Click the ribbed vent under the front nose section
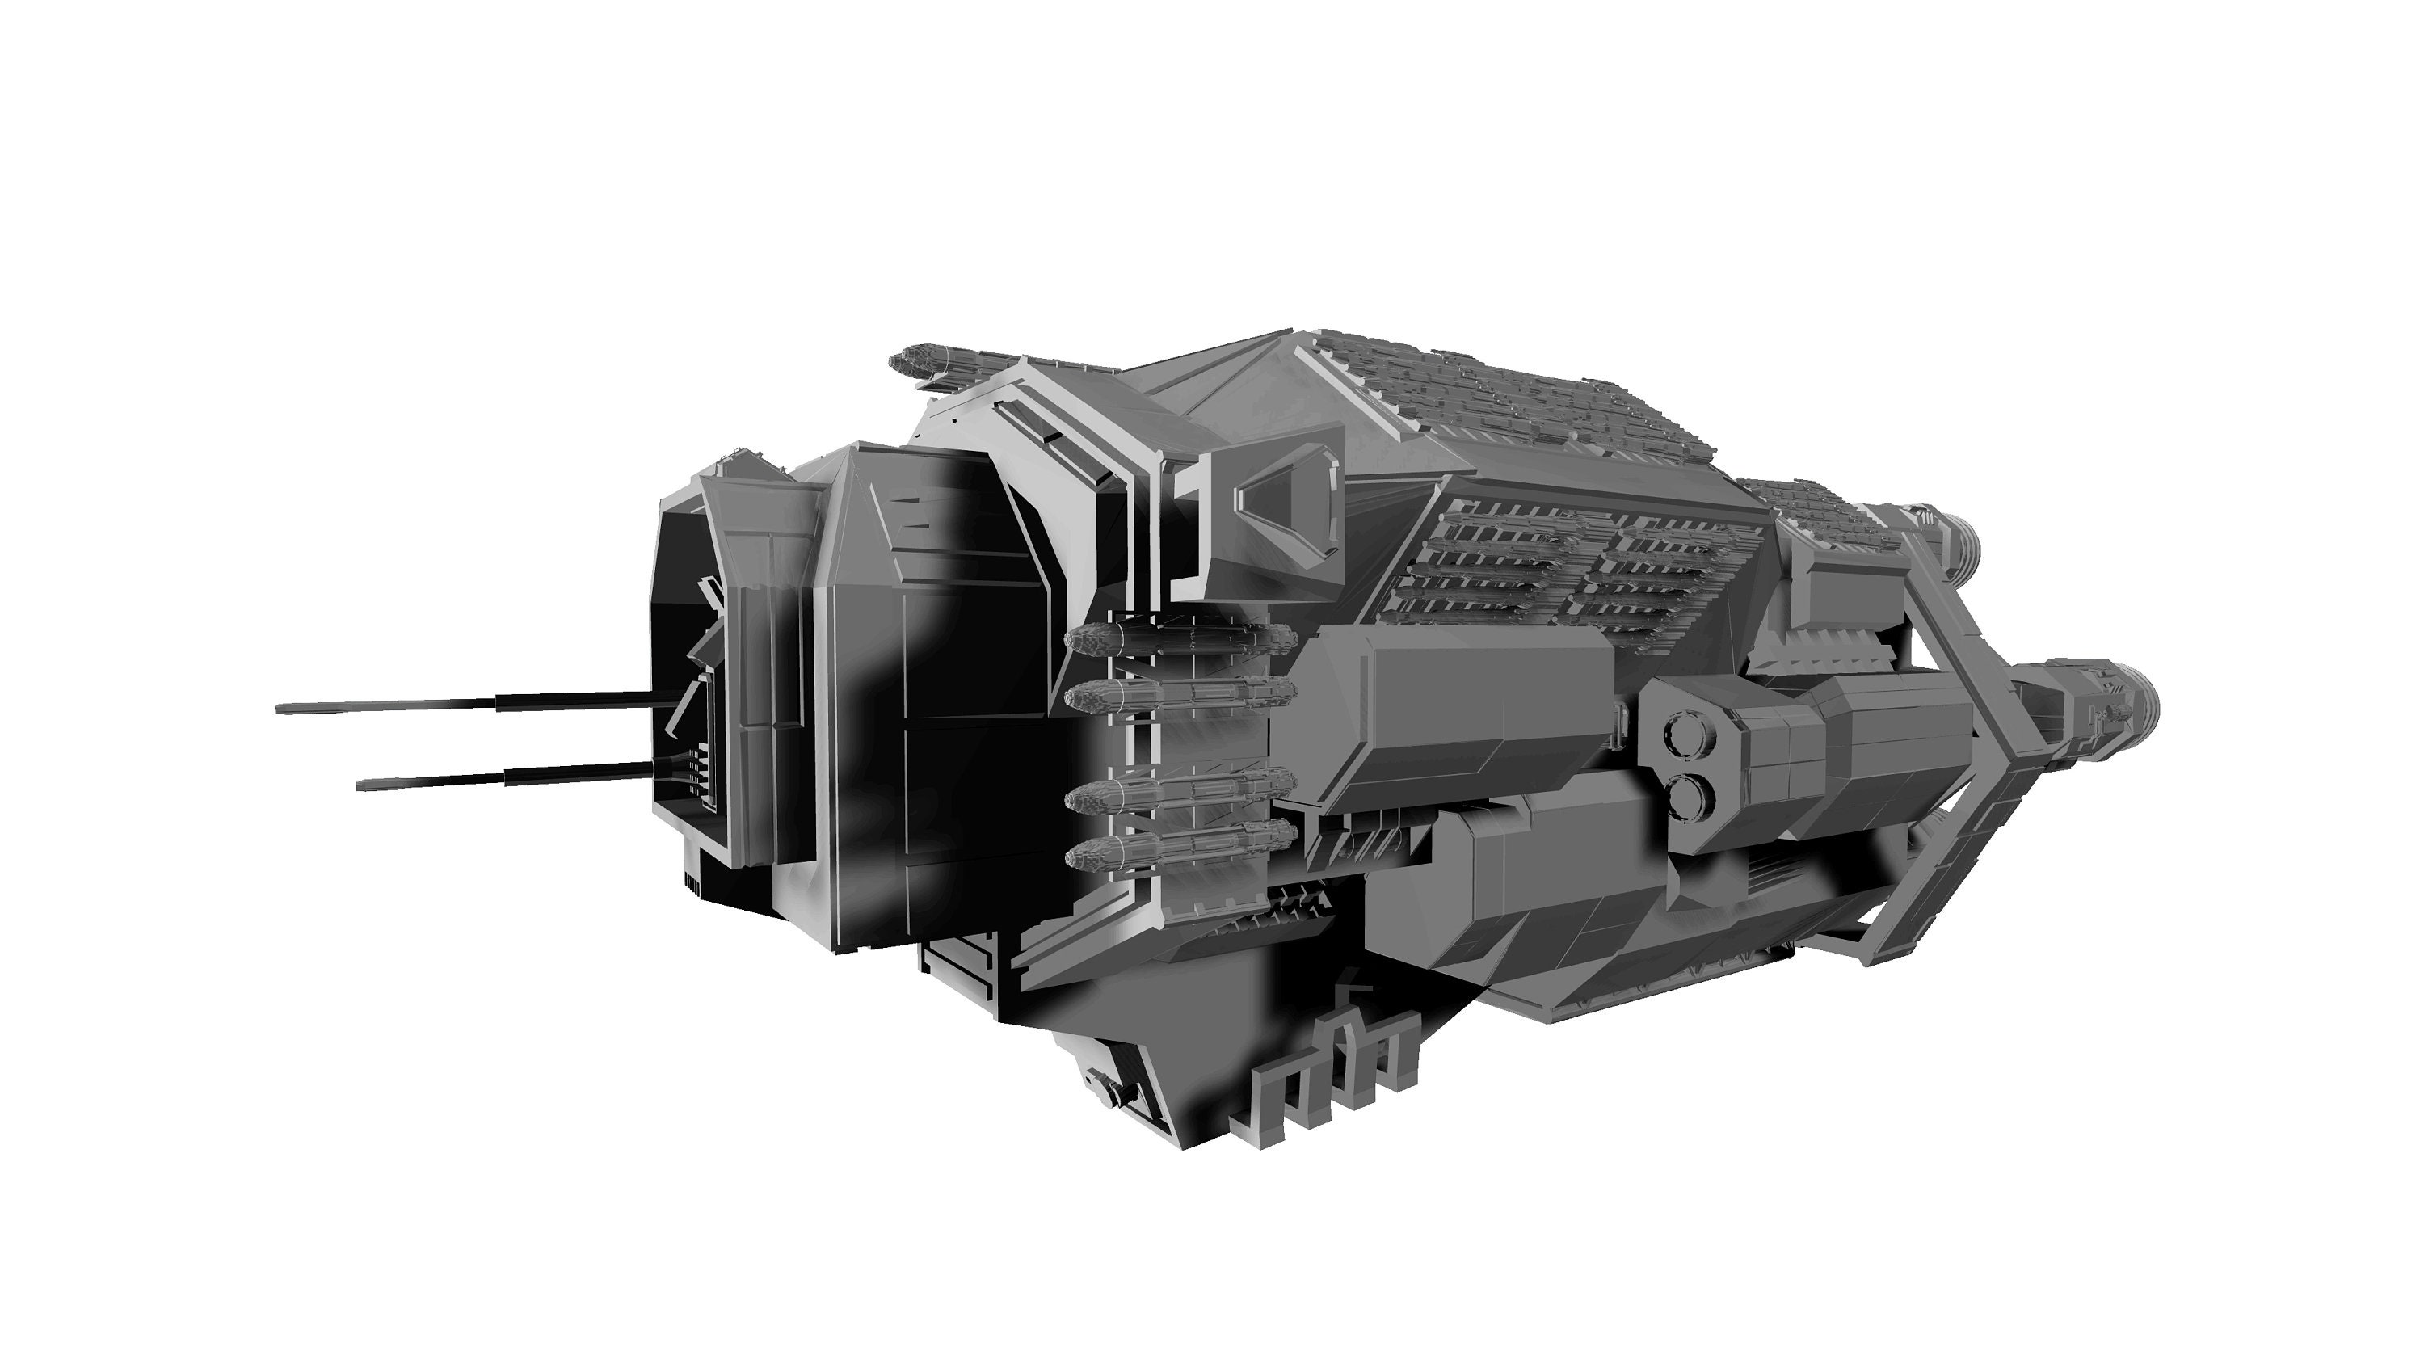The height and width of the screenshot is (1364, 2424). click(x=692, y=880)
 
